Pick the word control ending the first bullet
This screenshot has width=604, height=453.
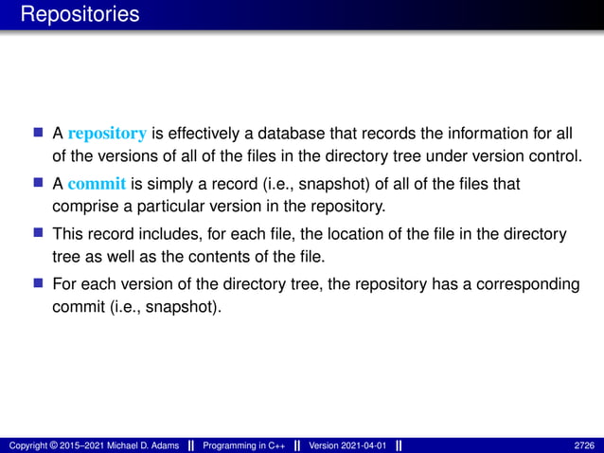pos(555,154)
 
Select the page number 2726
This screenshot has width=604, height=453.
pos(585,444)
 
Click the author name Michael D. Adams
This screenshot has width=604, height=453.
pos(133,444)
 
